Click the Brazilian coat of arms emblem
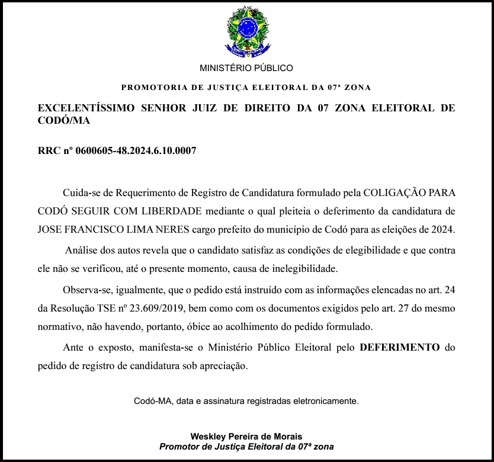coord(246,31)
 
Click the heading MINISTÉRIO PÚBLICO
coord(246,68)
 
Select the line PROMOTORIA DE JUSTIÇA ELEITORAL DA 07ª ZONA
coord(246,88)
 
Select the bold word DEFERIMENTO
coord(400,348)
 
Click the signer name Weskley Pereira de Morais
coord(246,437)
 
